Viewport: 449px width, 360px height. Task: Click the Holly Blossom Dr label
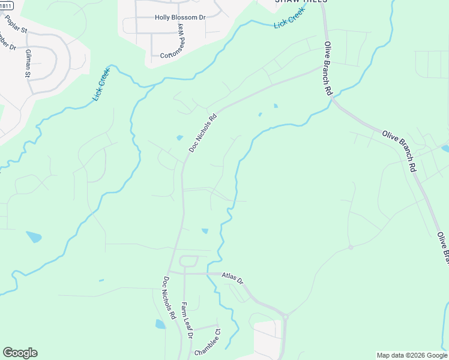[x=180, y=17]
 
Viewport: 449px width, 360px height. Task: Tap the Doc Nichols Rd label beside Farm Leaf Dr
[x=169, y=296]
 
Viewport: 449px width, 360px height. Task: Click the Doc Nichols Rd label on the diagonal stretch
[x=202, y=133]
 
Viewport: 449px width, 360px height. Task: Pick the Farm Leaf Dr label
[x=186, y=320]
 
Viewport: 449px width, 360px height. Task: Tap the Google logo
[x=20, y=353]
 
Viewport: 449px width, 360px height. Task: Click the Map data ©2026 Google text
[x=411, y=355]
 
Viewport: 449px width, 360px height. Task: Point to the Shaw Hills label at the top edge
[x=301, y=2]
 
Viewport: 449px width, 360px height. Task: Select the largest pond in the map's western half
[x=34, y=237]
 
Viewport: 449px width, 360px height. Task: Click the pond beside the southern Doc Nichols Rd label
[x=160, y=324]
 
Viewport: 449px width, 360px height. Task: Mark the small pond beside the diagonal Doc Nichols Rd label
[x=180, y=138]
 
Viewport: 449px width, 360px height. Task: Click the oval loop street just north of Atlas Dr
[x=188, y=261]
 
